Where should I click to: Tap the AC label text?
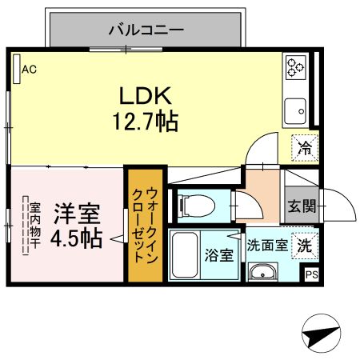[30, 70]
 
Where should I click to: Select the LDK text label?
[146, 96]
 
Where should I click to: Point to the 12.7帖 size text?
[145, 122]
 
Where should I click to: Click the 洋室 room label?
[77, 214]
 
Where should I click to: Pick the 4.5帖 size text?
[76, 238]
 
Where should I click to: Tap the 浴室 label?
[218, 256]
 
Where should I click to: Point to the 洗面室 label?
[266, 245]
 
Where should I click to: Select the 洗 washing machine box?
[304, 244]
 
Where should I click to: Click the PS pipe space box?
[311, 274]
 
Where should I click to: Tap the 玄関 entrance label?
[302, 205]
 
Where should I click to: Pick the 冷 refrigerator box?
[304, 146]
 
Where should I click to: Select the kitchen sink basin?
[295, 107]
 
